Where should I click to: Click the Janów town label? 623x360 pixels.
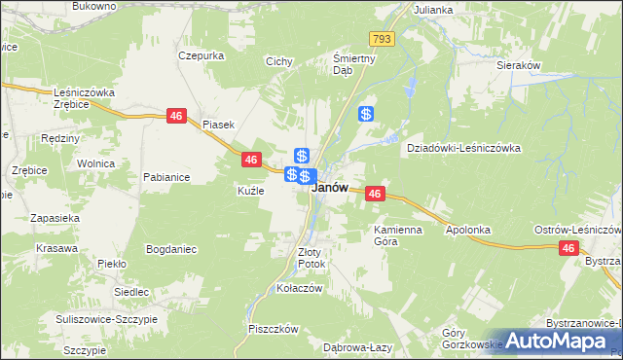point(330,190)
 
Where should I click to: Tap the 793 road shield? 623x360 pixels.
point(381,39)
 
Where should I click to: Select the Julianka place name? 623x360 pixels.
point(433,10)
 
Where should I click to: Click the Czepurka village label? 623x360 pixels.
point(202,55)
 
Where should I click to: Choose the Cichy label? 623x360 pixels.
point(279,61)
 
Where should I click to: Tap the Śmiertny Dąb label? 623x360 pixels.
point(343,63)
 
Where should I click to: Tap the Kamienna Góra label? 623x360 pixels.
point(395,234)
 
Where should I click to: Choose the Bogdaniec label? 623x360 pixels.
point(171,249)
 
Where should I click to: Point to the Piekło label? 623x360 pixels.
point(112,263)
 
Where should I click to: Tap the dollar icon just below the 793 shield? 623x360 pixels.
point(366,114)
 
